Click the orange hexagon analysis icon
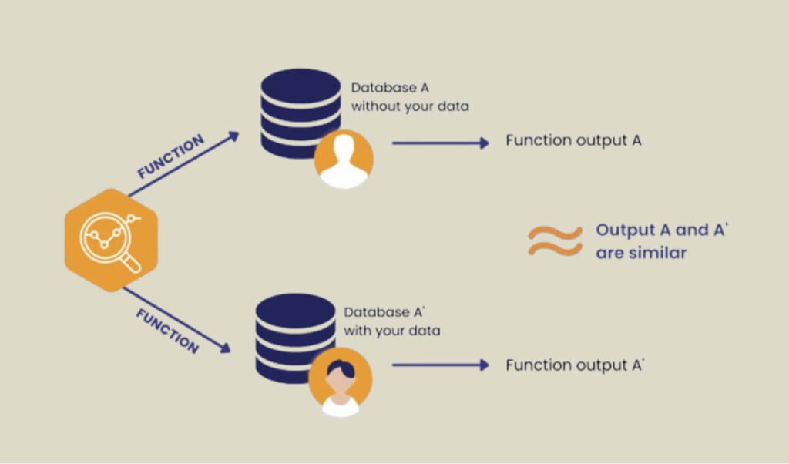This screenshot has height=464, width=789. (x=111, y=240)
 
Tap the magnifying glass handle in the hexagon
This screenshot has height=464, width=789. (x=132, y=262)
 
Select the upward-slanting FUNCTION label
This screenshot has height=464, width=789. (x=170, y=156)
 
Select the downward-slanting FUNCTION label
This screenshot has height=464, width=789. (x=167, y=331)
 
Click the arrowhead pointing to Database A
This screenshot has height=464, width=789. (x=233, y=136)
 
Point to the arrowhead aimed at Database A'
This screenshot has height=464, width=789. (x=226, y=348)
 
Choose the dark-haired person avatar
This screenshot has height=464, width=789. (x=340, y=381)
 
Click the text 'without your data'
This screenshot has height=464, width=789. (x=410, y=106)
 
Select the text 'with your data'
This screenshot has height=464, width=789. (x=392, y=331)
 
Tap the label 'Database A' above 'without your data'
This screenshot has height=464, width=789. (x=390, y=88)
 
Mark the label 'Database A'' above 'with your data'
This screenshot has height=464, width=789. (x=384, y=312)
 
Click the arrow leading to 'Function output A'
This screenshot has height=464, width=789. (x=441, y=143)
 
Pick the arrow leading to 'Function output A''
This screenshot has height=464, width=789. (x=441, y=365)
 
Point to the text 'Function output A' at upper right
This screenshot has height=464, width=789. (x=573, y=140)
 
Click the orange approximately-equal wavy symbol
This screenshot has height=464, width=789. (x=555, y=240)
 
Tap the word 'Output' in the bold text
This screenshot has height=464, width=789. (x=626, y=230)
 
